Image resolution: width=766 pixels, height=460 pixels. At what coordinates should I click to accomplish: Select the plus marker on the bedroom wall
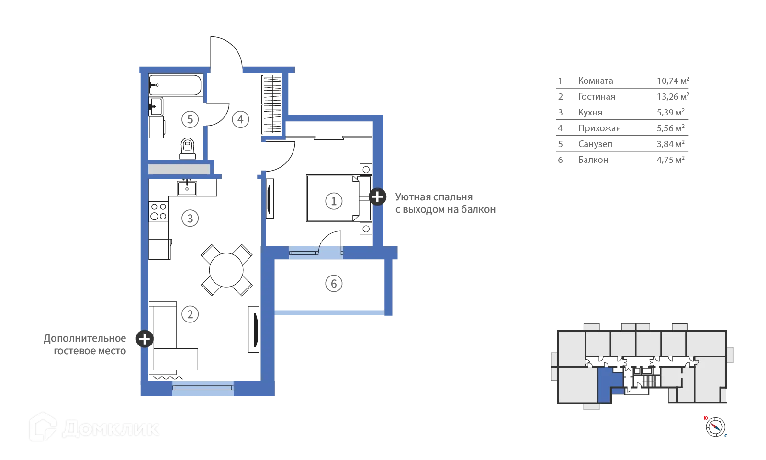pos(377,196)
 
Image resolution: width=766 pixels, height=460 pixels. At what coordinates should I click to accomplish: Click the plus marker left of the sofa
pos(144,339)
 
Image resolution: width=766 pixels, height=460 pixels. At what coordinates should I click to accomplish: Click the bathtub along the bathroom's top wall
pos(176,85)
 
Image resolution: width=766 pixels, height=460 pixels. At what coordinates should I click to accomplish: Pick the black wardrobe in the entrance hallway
pos(271,105)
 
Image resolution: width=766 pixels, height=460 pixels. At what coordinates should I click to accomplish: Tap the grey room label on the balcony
pos(334,283)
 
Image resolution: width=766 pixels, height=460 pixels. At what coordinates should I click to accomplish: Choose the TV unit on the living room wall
pos(253,330)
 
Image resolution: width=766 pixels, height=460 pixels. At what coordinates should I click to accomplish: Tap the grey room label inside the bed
pos(333,201)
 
